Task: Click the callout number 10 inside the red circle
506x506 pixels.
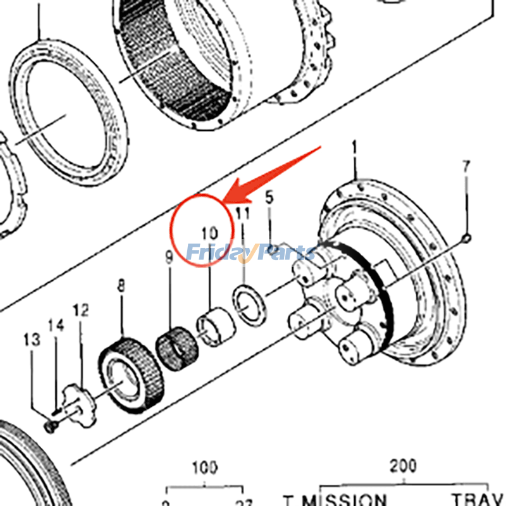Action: pyautogui.click(x=209, y=232)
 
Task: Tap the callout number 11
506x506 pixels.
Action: pyautogui.click(x=243, y=214)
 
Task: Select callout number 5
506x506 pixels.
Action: pyautogui.click(x=269, y=197)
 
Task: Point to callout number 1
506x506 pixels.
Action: pyautogui.click(x=354, y=149)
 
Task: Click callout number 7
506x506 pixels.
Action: pyautogui.click(x=466, y=167)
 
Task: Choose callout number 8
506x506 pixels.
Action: pyautogui.click(x=121, y=288)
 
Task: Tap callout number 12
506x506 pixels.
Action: pyautogui.click(x=80, y=311)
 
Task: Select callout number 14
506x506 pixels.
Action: pyautogui.click(x=56, y=326)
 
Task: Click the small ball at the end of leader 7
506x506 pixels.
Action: pyautogui.click(x=466, y=238)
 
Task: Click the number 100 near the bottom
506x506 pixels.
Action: pyautogui.click(x=204, y=469)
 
